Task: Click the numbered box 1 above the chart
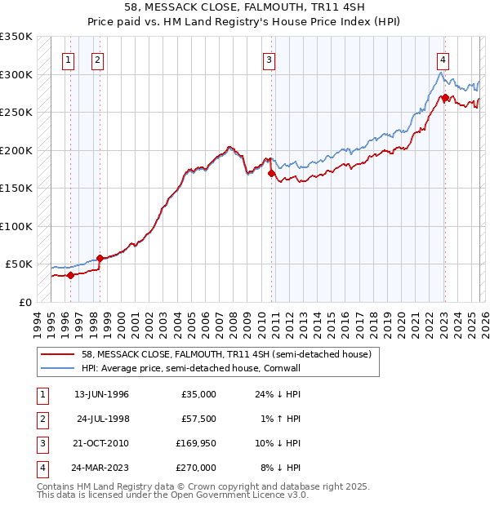click(x=68, y=59)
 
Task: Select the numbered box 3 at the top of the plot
click(x=269, y=59)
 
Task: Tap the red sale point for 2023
click(x=445, y=98)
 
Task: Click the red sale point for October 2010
click(x=271, y=173)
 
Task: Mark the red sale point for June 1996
click(x=70, y=275)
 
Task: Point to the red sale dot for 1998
click(x=100, y=258)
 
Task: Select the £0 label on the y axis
click(x=25, y=302)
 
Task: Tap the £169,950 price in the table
click(x=196, y=443)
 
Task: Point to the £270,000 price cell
click(x=196, y=468)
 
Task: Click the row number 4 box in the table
click(x=40, y=468)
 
